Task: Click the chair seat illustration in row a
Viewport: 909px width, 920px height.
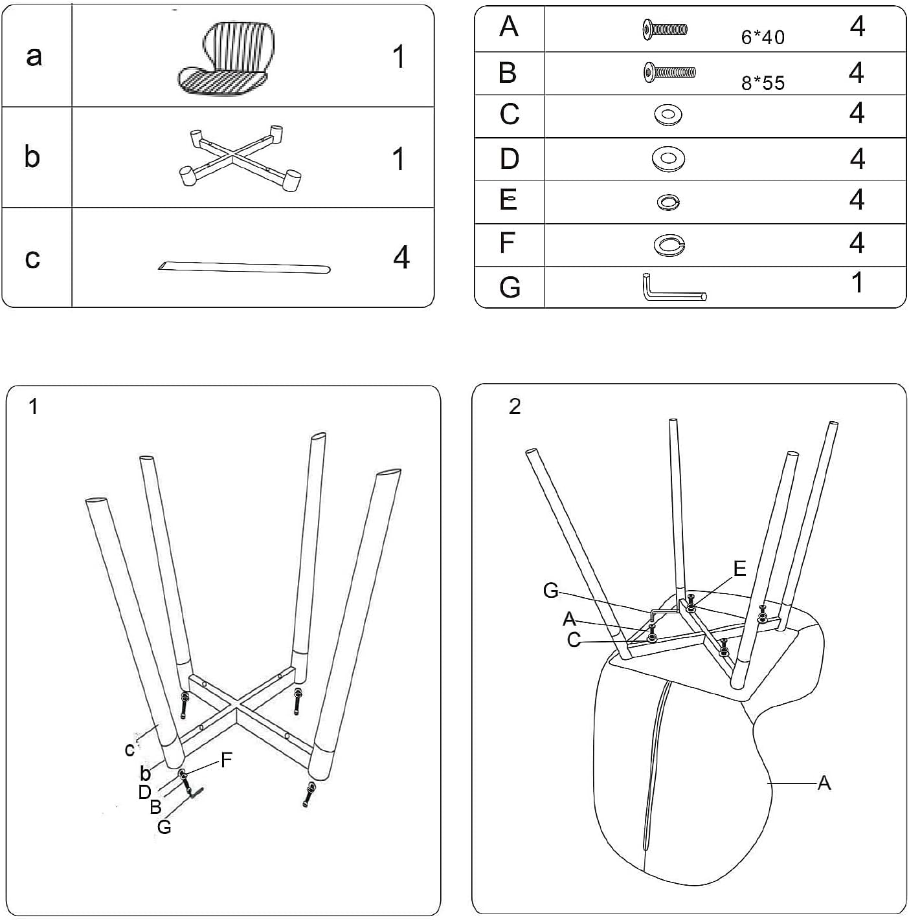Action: (x=223, y=58)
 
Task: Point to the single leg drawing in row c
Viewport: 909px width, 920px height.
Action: (x=244, y=267)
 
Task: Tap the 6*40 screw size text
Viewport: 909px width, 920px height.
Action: (x=763, y=38)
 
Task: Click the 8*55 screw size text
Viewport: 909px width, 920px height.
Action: (x=763, y=83)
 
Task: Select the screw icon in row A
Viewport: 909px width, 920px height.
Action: (x=664, y=28)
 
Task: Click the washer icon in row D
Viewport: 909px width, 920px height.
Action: (x=668, y=159)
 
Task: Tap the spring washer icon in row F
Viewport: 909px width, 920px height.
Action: (x=668, y=245)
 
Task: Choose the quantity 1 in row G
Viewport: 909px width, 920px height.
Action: (x=857, y=283)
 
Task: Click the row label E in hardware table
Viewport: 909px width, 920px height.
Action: (x=509, y=201)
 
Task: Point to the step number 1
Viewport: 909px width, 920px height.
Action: (x=34, y=407)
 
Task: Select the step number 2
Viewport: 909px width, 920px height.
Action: (x=515, y=406)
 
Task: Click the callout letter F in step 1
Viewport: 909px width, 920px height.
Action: (x=226, y=760)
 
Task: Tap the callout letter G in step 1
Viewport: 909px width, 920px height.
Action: (x=164, y=826)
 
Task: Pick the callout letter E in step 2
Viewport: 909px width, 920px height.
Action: (x=739, y=568)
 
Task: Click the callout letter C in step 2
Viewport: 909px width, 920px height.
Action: (x=574, y=639)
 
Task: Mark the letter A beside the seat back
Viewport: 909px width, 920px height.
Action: (x=824, y=783)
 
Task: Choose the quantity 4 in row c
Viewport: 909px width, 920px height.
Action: (x=401, y=257)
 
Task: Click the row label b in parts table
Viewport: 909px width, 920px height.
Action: (x=32, y=157)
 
